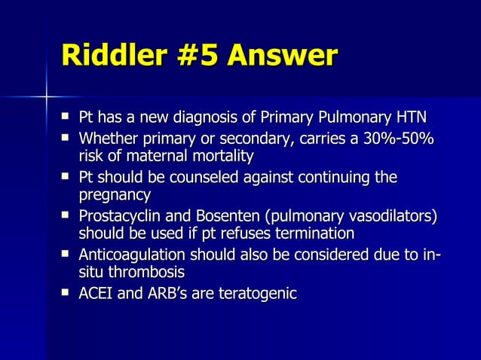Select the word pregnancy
coord(115,196)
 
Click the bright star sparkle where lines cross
coord(46,96)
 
